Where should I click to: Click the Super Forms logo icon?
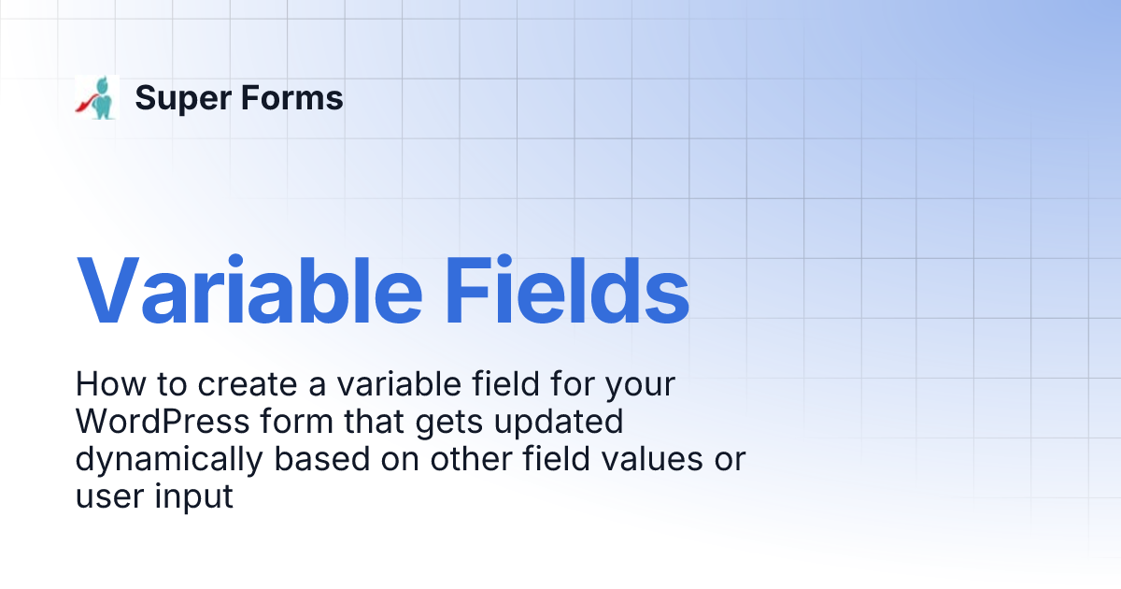97,97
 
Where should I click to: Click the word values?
651,459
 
